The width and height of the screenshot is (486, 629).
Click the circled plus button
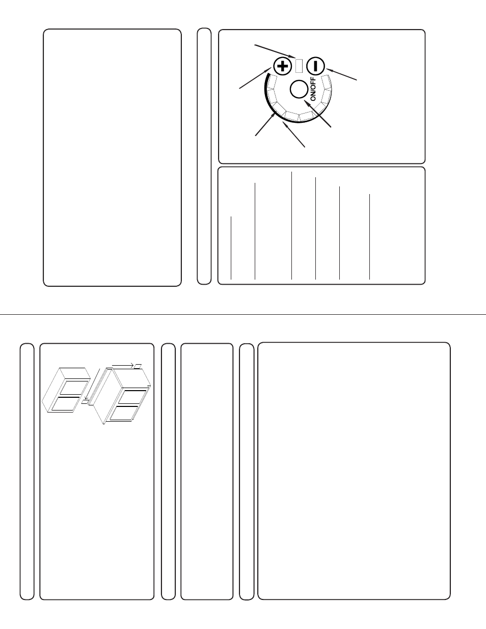point(283,66)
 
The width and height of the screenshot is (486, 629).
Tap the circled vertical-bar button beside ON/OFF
point(315,66)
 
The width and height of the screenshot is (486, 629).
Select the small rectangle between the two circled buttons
point(299,66)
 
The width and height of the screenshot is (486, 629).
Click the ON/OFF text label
point(313,89)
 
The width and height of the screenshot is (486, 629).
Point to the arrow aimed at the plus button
point(255,78)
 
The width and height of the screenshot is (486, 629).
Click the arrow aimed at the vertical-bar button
point(341,74)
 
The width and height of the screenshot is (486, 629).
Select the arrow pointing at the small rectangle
point(275,51)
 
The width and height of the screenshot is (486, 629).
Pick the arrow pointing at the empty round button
point(317,114)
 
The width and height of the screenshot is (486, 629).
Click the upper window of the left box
point(73,388)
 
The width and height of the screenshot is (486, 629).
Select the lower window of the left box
point(65,403)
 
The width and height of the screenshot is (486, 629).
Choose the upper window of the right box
point(132,397)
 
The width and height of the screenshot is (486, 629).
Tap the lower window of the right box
point(124,413)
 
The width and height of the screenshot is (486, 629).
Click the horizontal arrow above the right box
point(123,365)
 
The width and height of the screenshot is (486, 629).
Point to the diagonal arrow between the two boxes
point(92,385)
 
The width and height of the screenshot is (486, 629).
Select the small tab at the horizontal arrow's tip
point(138,366)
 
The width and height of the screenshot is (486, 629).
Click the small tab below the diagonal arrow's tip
point(85,402)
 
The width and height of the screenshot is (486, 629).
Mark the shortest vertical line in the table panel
point(231,248)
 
